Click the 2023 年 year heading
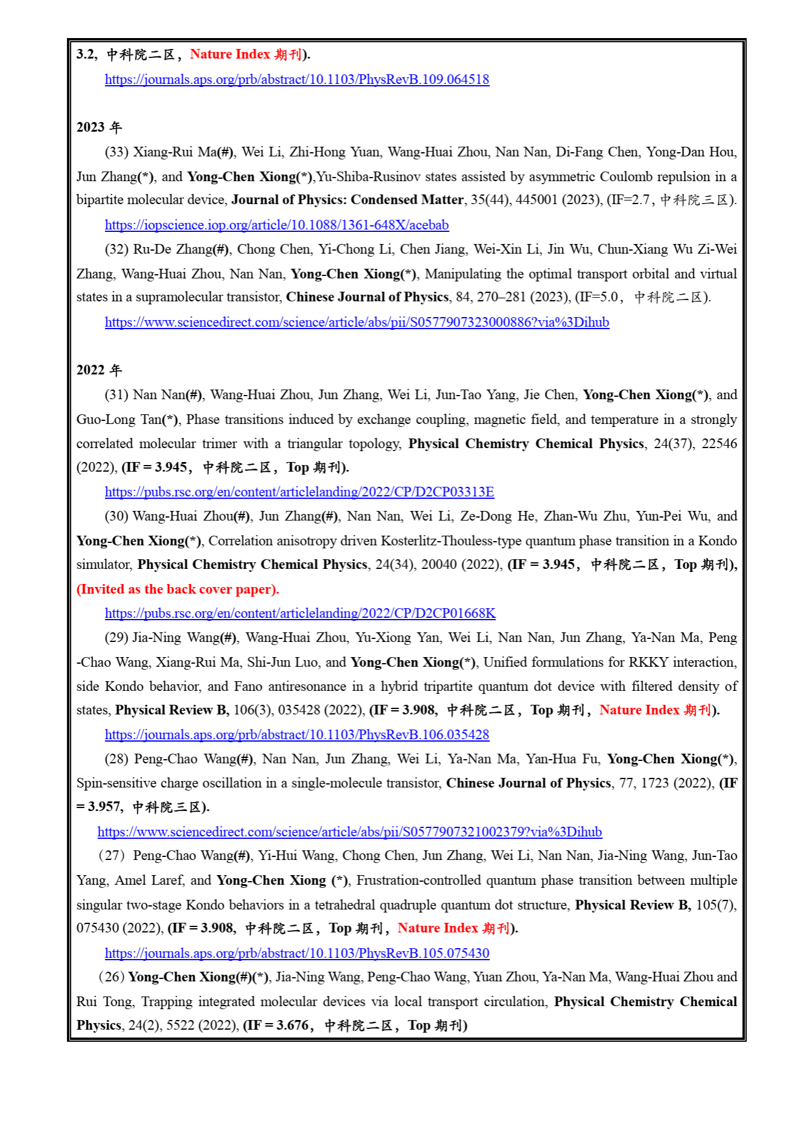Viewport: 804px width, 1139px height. click(99, 127)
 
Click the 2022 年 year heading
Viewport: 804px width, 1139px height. click(99, 370)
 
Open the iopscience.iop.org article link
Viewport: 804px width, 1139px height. click(276, 225)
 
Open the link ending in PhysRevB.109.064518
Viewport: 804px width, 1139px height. click(296, 80)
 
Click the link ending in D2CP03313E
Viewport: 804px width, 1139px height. click(299, 492)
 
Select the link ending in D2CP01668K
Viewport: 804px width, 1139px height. click(300, 614)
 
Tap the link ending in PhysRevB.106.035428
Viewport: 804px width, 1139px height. click(296, 735)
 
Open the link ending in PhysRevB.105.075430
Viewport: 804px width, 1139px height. click(296, 954)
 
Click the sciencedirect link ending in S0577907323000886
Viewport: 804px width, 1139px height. click(357, 322)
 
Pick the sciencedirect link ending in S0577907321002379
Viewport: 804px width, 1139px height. click(349, 832)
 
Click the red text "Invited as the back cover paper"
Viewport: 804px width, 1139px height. click(177, 589)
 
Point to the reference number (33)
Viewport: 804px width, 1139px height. click(116, 152)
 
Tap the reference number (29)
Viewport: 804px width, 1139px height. click(116, 638)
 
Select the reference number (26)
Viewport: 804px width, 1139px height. click(112, 977)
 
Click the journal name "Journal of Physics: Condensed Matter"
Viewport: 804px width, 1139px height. click(347, 200)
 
